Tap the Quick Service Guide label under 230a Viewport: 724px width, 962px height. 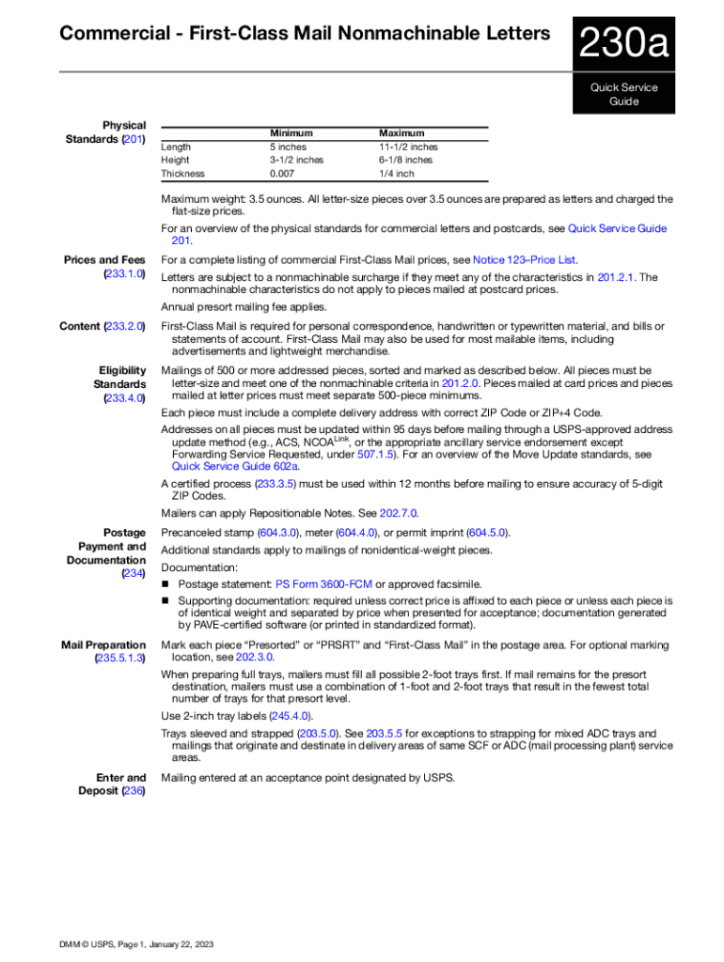[x=623, y=94]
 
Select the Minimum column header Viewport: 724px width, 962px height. [x=291, y=133]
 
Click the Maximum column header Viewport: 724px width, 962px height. [x=401, y=133]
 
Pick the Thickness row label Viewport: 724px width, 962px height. [x=182, y=174]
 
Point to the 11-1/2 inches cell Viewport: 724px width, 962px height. [x=408, y=147]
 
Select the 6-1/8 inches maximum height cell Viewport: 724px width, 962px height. [x=406, y=161]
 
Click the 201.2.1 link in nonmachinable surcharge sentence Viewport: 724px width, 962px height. [x=616, y=277]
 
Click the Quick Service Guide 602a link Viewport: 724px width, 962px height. [x=235, y=466]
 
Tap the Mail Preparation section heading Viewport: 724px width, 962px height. [x=102, y=645]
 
